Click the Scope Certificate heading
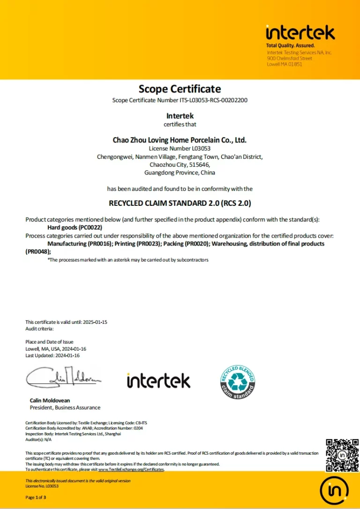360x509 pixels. point(180,89)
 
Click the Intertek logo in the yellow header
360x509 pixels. point(300,33)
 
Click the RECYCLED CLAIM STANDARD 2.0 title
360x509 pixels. point(180,204)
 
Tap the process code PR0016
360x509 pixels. point(97,244)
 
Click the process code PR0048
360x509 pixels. point(37,252)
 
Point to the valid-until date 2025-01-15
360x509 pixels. point(95,322)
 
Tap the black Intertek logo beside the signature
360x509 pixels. point(158,381)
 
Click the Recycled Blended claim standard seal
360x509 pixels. point(238,382)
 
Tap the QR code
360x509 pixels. point(342,455)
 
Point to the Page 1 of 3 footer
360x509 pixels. point(36,497)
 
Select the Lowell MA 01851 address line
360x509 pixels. point(285,64)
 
